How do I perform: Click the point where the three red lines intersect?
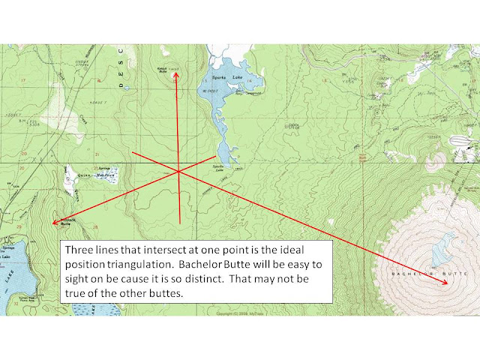point(178,171)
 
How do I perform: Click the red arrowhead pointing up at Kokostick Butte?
point(176,75)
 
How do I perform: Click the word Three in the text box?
point(81,249)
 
